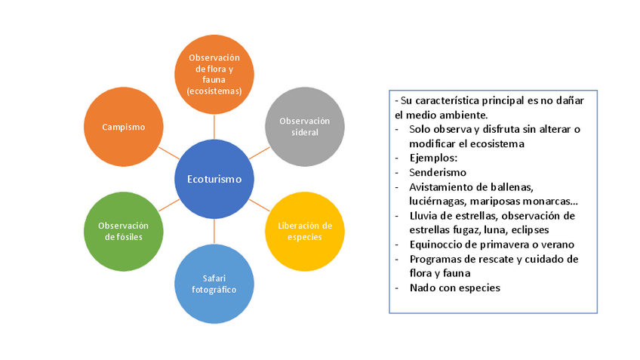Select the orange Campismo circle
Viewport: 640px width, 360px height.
pos(123,127)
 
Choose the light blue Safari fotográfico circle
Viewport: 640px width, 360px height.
pos(214,284)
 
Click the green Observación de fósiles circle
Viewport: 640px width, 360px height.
pos(123,231)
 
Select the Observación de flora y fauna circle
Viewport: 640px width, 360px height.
pos(214,74)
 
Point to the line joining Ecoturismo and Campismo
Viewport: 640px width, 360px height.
pos(170,153)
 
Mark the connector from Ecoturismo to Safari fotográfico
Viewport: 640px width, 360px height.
pos(214,231)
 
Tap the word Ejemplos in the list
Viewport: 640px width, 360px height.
pos(433,158)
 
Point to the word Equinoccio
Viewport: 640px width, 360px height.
pos(438,244)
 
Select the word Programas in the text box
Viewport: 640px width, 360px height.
pos(437,259)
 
